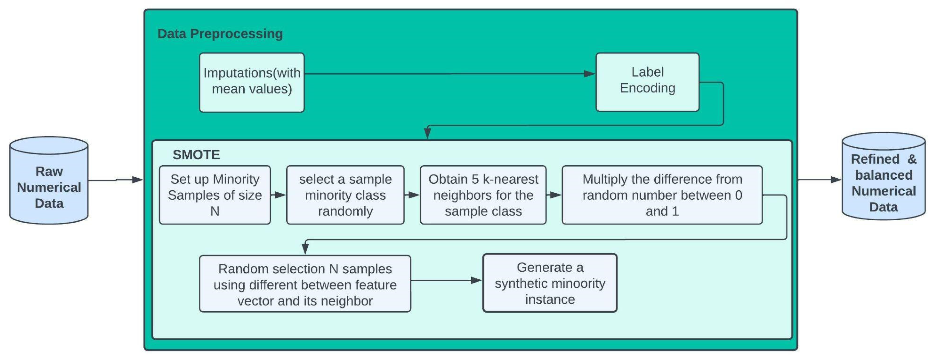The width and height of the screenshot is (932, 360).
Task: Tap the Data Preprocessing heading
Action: (x=220, y=34)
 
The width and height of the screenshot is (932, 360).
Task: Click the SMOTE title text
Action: (x=196, y=155)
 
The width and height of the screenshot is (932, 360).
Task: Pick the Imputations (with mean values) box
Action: (x=252, y=83)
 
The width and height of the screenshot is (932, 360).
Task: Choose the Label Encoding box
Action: (x=647, y=82)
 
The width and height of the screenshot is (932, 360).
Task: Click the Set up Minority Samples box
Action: (x=215, y=195)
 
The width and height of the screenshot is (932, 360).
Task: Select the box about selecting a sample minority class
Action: (x=345, y=195)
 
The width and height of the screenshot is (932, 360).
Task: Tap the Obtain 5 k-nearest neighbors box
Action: (x=483, y=195)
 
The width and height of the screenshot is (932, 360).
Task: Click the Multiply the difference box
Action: (x=662, y=195)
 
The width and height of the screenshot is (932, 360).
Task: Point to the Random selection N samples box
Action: (x=305, y=284)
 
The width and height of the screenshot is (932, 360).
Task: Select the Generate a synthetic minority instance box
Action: (x=550, y=283)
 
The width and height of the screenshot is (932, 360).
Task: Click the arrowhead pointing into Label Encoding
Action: (x=589, y=74)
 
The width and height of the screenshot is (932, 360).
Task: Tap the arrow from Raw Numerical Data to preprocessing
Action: (x=116, y=180)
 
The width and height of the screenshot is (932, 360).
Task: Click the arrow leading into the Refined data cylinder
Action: (x=819, y=179)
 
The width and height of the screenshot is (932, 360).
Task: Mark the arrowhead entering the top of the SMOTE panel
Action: (x=427, y=133)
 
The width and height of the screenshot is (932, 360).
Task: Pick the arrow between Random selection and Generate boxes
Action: (x=447, y=280)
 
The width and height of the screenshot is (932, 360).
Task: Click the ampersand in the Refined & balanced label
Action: (x=912, y=159)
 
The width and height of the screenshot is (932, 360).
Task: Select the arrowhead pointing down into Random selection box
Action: (x=305, y=249)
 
